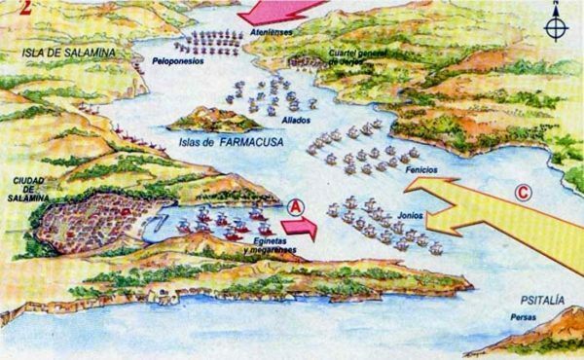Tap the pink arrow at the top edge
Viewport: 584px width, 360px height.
pos(282,11)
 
